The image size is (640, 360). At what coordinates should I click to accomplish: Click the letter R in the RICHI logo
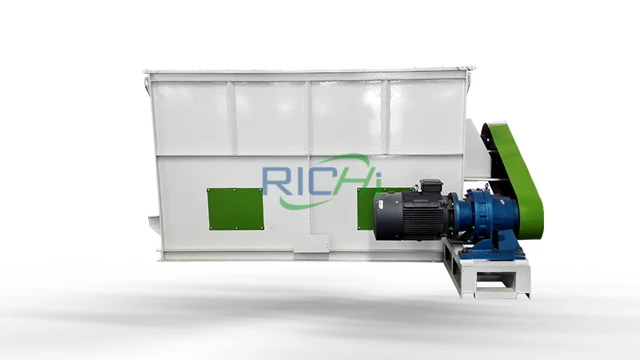275,180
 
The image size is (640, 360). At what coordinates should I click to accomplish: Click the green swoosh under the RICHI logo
310,202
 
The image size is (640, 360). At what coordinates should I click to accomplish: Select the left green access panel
235,209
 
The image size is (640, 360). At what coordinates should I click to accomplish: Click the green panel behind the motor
366,209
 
